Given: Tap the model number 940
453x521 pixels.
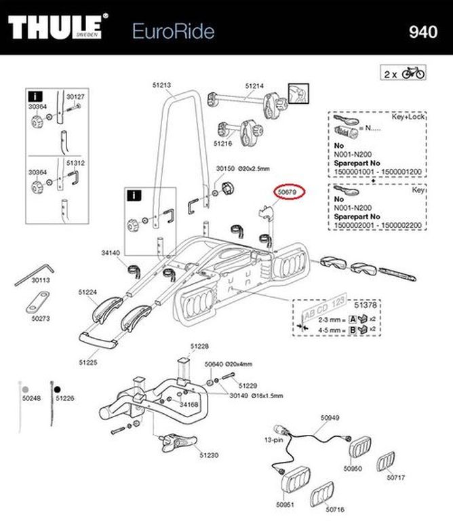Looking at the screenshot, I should click(x=422, y=31).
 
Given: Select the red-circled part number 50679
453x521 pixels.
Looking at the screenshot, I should click(x=290, y=193).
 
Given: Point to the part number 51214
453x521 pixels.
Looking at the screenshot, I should click(x=254, y=85).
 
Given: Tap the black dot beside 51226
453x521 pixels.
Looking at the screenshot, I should click(x=58, y=391).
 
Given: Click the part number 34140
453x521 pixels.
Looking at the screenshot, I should click(x=110, y=253).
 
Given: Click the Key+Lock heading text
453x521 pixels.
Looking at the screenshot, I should click(x=408, y=117).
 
